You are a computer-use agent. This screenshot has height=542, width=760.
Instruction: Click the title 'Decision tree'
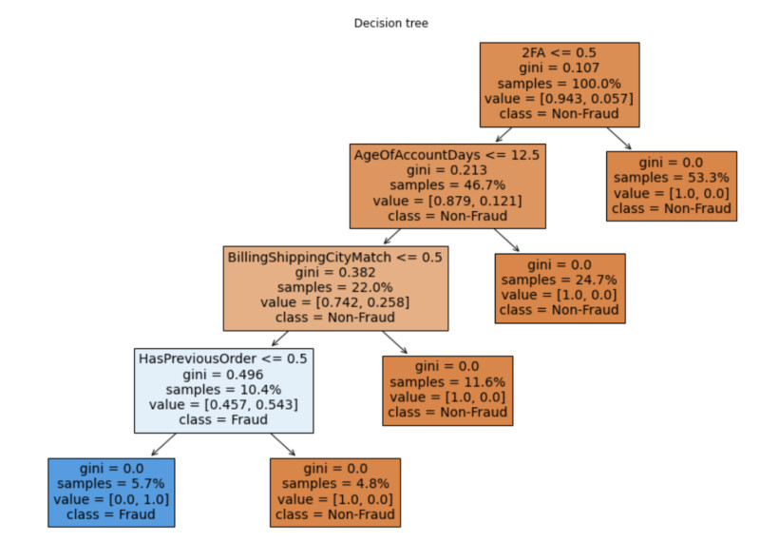pos(390,23)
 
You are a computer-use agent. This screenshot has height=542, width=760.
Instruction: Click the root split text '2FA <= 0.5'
pos(560,52)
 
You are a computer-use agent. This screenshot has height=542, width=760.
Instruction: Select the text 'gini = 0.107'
pos(560,68)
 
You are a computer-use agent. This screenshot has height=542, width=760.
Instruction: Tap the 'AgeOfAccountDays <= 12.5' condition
pos(448,154)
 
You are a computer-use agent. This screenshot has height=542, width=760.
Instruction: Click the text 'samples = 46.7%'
pos(448,186)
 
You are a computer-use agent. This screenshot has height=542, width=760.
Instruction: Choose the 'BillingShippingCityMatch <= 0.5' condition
pos(335,257)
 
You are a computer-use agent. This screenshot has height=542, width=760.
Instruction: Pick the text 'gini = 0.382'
pos(335,273)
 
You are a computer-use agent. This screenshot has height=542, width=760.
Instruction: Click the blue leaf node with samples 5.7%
pos(112,492)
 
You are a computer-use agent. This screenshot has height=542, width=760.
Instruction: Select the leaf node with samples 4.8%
pos(335,492)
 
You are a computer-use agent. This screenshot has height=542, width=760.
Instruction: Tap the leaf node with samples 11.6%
pos(447,390)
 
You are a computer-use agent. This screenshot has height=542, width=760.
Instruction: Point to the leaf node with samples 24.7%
pos(560,287)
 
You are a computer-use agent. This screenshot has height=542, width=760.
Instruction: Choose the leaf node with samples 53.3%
pos(673,185)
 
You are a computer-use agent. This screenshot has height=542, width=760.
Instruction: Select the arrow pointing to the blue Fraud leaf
pos(163,444)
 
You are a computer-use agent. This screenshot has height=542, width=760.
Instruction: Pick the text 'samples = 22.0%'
pos(335,289)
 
